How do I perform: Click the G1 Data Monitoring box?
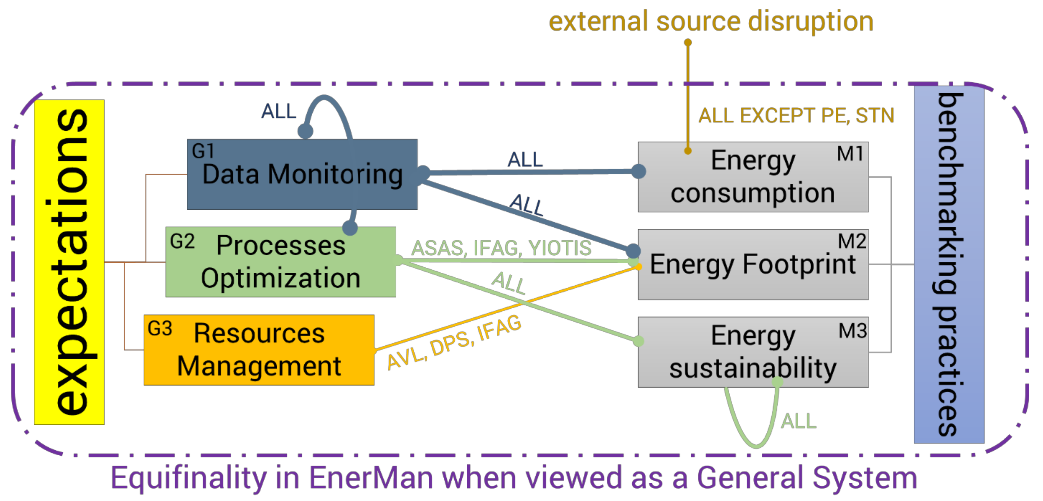click(302, 174)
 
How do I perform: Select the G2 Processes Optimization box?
click(281, 262)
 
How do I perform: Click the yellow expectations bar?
click(69, 262)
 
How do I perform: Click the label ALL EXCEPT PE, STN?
click(796, 116)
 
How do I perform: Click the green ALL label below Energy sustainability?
click(798, 421)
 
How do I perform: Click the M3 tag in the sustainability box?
click(852, 331)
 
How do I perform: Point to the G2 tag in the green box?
click(182, 242)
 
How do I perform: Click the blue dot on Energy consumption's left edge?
click(638, 171)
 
